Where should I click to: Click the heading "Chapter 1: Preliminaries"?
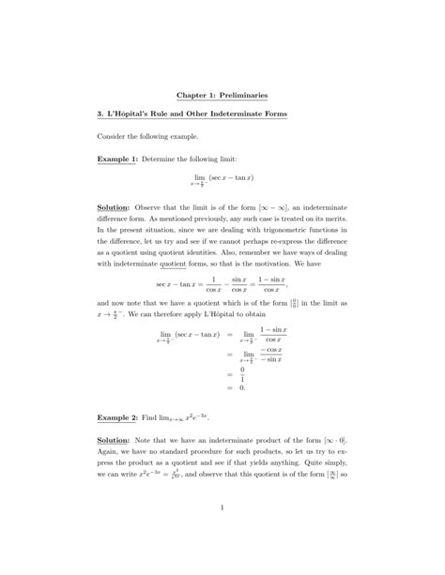point(222,94)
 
